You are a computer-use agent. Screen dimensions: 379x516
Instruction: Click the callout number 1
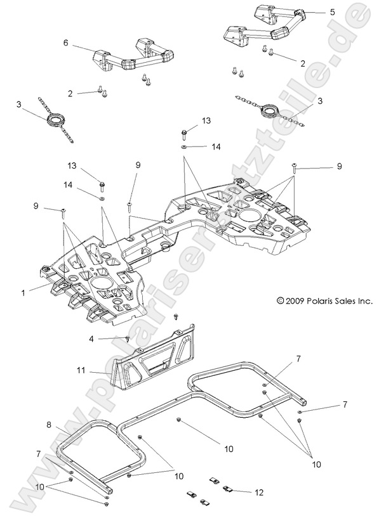[x=23, y=293]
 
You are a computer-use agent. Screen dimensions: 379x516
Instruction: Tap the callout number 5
[x=332, y=12]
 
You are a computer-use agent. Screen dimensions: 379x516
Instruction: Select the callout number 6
[x=65, y=42]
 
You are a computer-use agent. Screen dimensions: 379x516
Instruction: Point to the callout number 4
[x=91, y=339]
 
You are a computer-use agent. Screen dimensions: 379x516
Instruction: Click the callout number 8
[x=49, y=425]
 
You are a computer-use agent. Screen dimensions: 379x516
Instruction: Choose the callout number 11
[x=81, y=370]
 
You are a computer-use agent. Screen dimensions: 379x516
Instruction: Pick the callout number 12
[x=260, y=493]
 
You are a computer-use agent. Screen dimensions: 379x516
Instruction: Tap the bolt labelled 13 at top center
[x=184, y=133]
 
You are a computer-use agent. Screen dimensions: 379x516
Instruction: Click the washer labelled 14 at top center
[x=184, y=146]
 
